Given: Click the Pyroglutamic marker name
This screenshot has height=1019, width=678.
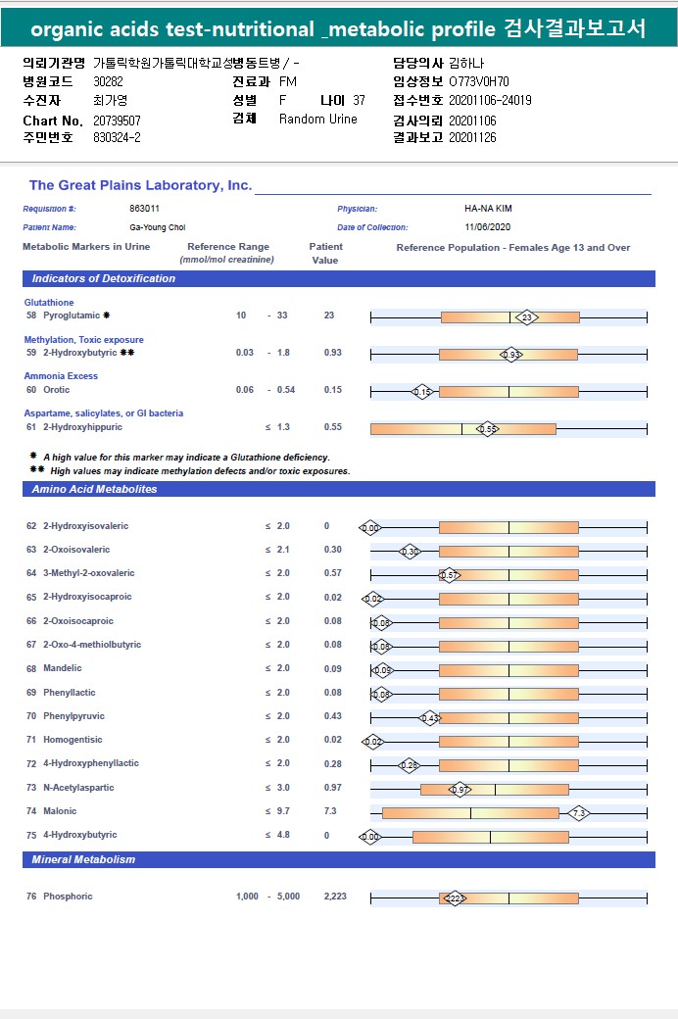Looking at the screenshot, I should [x=72, y=315].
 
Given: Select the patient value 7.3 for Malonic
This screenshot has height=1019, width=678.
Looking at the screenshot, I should [x=330, y=811].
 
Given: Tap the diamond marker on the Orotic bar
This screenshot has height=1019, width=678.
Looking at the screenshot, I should [x=422, y=391].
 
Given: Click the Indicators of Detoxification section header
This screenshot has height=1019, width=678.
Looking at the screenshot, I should [x=103, y=278].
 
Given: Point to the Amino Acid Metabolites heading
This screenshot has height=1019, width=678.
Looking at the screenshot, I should [x=94, y=489].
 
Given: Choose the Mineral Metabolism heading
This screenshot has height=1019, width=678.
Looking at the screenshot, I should [x=83, y=859].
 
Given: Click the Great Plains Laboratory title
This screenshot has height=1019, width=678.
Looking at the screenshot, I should [x=140, y=185].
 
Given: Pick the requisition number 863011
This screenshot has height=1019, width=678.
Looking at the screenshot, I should [x=144, y=209].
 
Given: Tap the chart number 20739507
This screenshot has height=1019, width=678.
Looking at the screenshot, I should [x=117, y=120].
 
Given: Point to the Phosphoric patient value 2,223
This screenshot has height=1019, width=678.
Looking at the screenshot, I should [x=334, y=897].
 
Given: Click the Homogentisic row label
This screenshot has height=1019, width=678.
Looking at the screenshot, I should [x=73, y=740].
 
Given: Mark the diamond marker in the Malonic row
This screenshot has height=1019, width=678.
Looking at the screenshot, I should [x=579, y=812].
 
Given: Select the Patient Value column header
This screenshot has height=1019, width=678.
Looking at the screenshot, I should [x=325, y=254].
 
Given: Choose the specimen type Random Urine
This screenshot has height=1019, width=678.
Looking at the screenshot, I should [x=318, y=120].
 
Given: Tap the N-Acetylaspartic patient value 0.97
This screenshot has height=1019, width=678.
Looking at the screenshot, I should [x=333, y=788].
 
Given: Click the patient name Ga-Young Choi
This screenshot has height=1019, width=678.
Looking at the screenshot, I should [x=158, y=227].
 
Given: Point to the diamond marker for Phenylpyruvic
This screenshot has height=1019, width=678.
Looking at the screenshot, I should [x=429, y=717].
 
